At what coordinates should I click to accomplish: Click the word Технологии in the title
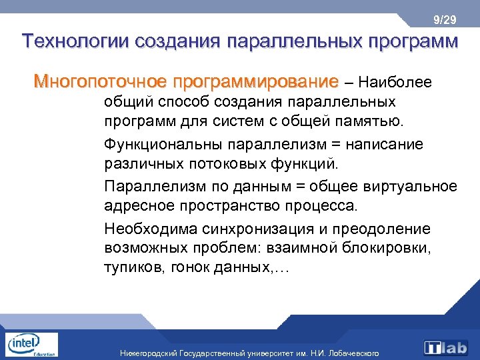[75, 41]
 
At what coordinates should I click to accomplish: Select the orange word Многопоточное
[100, 82]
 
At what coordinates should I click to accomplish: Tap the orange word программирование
[255, 82]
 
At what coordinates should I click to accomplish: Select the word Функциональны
[163, 144]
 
